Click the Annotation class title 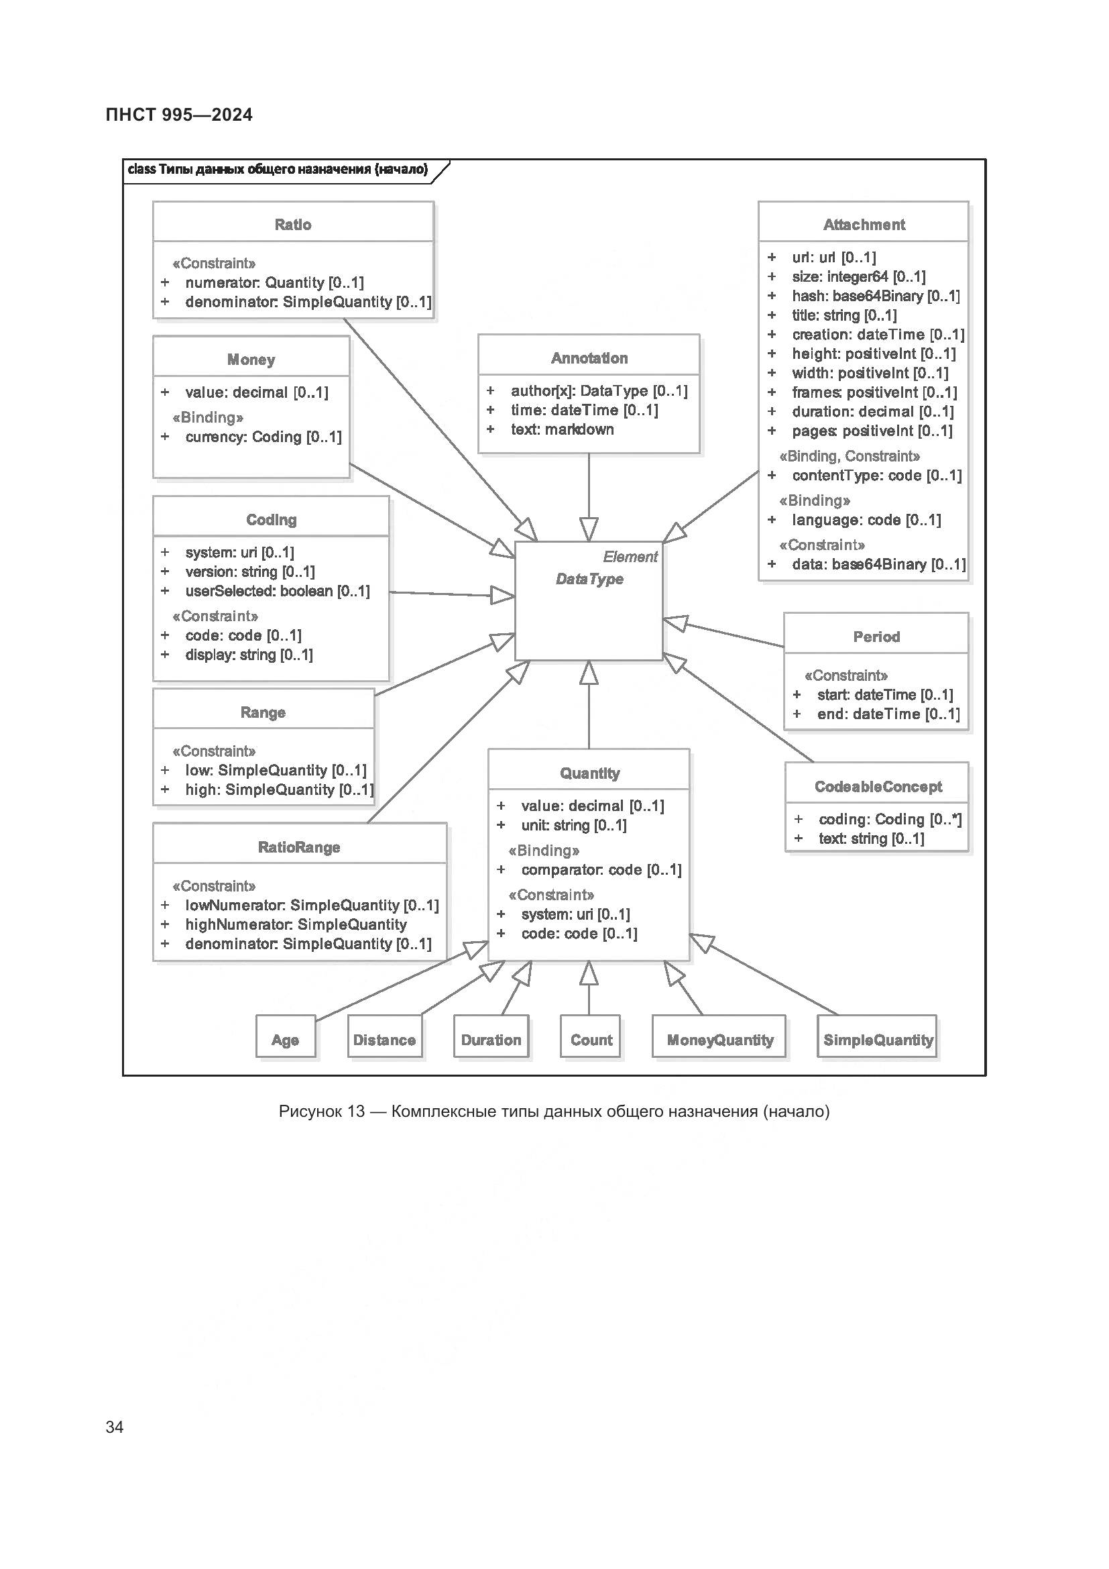coord(589,358)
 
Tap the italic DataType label coord(589,579)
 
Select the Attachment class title coord(864,224)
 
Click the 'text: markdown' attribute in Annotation coord(562,429)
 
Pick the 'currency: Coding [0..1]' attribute coord(263,437)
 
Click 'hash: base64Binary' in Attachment coord(876,296)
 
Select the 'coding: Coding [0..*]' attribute coord(890,819)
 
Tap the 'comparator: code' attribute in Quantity coord(601,870)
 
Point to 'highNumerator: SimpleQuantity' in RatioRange coord(296,924)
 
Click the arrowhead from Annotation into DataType coord(589,530)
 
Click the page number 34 coord(115,1427)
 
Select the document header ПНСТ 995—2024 coord(179,115)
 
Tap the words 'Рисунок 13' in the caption coord(322,1112)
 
